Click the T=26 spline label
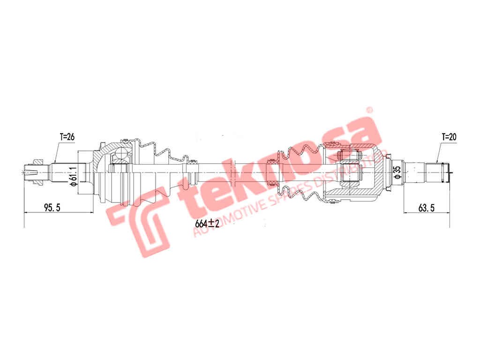(67, 136)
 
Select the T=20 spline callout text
(449, 137)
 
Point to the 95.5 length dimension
(52, 208)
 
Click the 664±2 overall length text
(207, 224)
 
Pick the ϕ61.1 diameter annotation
(73, 177)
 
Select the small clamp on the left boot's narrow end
(192, 172)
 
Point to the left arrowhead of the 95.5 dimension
(26, 213)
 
